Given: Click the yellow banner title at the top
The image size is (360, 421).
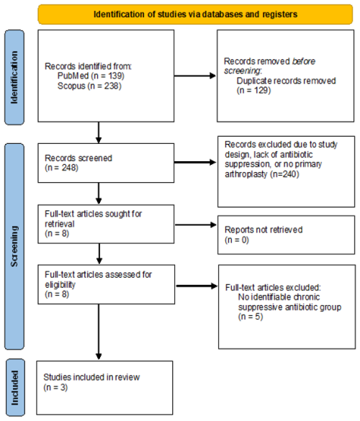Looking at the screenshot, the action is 195,14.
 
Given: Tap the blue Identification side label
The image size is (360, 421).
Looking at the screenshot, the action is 14,77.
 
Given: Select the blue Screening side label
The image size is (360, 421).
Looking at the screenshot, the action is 14,246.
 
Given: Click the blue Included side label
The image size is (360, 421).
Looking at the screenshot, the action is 15,388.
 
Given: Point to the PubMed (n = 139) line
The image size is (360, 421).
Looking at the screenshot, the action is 91,76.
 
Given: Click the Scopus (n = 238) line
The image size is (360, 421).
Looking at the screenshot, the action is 89,86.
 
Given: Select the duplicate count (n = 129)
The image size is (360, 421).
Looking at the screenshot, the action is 253,90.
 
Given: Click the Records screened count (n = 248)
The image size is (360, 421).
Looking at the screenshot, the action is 61,168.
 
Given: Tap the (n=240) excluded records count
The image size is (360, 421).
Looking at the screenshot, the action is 284,174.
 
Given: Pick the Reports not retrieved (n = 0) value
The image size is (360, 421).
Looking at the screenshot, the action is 237,240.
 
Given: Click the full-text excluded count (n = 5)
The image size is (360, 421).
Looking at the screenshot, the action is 251,317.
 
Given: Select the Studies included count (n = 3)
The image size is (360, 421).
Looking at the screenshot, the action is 55,387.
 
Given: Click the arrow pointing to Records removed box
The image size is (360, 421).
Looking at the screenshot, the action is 195,76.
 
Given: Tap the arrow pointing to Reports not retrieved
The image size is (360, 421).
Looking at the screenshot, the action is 196,225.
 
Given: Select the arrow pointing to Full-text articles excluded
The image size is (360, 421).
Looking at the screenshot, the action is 197,286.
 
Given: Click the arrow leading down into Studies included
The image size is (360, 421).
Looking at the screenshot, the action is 99,332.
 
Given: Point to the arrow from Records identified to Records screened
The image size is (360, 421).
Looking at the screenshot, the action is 99,132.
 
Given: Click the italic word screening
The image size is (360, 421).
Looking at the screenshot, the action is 243,71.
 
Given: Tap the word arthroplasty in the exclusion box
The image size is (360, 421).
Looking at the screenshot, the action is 246,174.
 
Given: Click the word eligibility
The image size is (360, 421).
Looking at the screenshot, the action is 60,284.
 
